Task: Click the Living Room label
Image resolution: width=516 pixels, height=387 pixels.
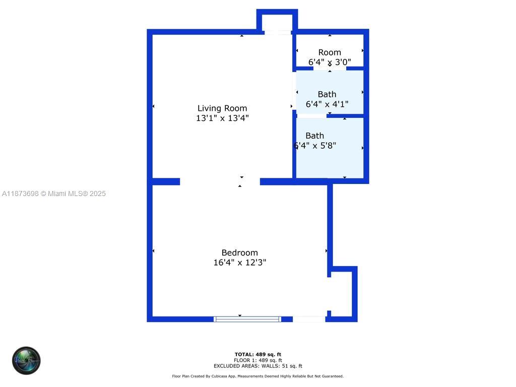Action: [x=222, y=108]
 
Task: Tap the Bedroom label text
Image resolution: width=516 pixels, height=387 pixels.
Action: [x=239, y=253]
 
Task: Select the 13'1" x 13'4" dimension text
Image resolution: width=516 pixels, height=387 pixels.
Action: [x=222, y=118]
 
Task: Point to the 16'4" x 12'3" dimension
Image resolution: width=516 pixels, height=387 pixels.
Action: [x=239, y=263]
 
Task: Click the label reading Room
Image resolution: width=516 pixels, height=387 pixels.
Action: [x=330, y=52]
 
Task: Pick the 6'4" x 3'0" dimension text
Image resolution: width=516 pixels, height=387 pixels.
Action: [x=330, y=62]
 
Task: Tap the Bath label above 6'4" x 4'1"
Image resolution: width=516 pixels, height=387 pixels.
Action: [x=327, y=94]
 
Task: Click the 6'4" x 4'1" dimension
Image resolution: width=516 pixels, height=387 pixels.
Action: [x=327, y=104]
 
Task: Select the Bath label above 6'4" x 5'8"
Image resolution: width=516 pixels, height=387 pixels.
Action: [x=315, y=136]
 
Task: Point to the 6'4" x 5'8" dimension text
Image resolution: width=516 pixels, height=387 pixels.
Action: [x=315, y=146]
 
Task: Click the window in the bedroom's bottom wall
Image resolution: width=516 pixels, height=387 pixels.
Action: [x=247, y=319]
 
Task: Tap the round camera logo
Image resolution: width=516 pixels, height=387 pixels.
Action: [x=26, y=361]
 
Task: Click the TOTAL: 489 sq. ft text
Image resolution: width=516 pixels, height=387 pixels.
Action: [x=258, y=355]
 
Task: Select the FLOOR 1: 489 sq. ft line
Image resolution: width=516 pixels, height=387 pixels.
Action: [x=258, y=360]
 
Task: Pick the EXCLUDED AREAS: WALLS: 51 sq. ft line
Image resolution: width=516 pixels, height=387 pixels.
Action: [x=258, y=366]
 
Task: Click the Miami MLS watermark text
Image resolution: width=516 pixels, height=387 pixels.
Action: [x=53, y=193]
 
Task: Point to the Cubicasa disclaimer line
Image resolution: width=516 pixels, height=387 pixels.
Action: [x=258, y=376]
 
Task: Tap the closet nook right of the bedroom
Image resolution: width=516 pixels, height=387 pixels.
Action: [x=342, y=295]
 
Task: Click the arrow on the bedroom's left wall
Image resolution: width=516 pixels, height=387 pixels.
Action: [x=153, y=251]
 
